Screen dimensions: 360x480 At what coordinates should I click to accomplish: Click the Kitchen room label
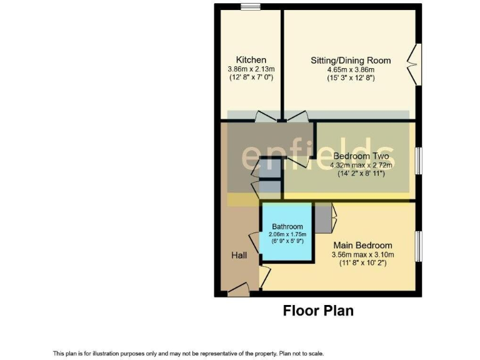(x=251, y=59)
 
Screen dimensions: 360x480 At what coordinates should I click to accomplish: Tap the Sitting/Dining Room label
(x=351, y=61)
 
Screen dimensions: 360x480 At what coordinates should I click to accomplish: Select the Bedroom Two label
(x=361, y=156)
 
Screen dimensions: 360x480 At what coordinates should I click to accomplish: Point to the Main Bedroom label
(x=362, y=246)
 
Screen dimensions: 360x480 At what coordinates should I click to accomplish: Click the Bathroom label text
(x=287, y=226)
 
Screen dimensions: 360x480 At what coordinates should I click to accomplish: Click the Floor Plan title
(x=318, y=311)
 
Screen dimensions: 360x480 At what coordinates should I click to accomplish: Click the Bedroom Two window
(x=419, y=160)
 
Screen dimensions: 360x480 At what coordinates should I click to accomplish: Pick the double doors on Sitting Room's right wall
(x=414, y=63)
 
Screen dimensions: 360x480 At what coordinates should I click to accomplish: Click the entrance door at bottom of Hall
(x=238, y=289)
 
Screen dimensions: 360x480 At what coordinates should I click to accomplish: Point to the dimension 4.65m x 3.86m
(x=351, y=70)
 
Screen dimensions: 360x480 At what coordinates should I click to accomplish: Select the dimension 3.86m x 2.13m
(x=251, y=69)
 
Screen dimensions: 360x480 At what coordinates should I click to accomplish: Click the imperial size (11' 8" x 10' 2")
(x=362, y=264)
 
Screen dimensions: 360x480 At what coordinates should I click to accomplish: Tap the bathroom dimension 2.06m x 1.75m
(x=287, y=234)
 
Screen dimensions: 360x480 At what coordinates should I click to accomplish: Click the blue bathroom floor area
(x=287, y=250)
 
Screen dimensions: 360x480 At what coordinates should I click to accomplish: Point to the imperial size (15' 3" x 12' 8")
(x=351, y=79)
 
